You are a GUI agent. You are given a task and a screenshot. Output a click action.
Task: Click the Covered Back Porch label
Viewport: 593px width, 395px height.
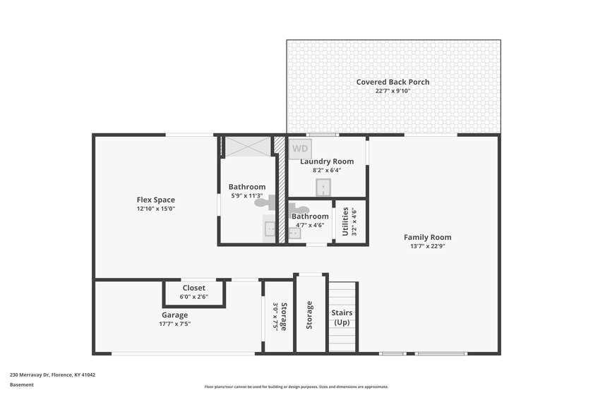[x=393, y=82]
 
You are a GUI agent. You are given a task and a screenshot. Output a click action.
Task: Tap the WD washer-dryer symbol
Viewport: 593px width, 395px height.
[x=300, y=149]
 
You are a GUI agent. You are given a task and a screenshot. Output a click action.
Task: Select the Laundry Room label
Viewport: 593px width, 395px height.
[x=327, y=162]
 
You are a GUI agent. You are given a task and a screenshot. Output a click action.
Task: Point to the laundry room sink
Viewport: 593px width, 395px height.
[x=323, y=188]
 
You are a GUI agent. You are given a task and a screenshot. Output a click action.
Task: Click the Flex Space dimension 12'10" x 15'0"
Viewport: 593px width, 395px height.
[x=156, y=209]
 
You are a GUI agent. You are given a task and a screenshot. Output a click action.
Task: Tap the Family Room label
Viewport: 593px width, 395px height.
[x=427, y=238]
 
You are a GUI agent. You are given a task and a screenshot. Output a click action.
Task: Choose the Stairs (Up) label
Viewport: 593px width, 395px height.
[x=342, y=317]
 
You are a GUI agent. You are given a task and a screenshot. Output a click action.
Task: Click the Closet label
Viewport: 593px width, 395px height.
[x=193, y=288]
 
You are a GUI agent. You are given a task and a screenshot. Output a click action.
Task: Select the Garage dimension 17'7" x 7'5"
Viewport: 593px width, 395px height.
[x=175, y=324]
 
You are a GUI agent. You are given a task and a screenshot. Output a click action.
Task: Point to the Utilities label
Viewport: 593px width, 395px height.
[x=345, y=221]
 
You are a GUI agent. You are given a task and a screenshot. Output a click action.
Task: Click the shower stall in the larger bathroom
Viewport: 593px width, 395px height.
[x=248, y=147]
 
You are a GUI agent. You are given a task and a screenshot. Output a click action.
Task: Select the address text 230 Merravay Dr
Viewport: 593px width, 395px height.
[x=30, y=375]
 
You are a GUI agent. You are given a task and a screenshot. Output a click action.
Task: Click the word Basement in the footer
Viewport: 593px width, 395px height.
[x=22, y=385]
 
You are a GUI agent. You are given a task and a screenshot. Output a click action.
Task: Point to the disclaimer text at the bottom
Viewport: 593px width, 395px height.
[x=296, y=387]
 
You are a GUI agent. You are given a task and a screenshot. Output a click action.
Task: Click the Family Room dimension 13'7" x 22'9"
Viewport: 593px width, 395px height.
[x=427, y=246]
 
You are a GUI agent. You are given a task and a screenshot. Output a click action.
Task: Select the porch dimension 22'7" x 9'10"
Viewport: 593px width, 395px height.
[x=393, y=91]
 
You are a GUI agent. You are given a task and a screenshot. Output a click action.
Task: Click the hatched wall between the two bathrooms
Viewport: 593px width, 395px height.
[x=282, y=190]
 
